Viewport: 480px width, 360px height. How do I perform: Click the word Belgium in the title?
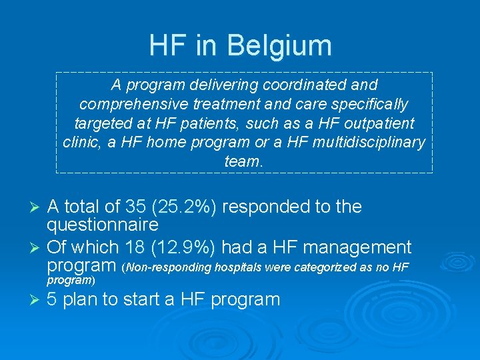pos(279,46)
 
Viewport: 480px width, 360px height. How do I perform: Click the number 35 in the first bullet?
pos(131,207)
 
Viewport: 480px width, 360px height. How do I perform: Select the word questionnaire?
pos(103,225)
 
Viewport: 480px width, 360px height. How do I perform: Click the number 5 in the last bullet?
pos(52,299)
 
